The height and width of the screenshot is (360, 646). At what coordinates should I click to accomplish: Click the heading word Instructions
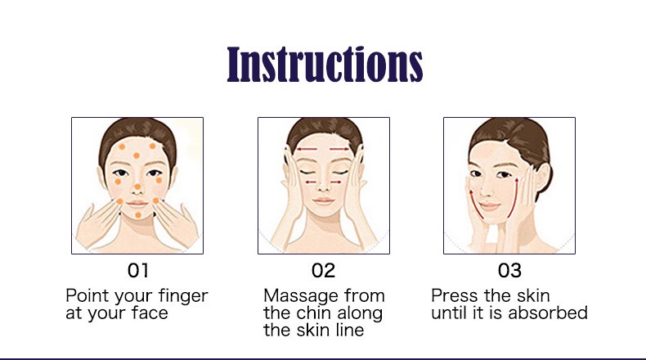click(x=325, y=64)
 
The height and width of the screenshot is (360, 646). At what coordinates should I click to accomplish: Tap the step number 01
click(x=137, y=271)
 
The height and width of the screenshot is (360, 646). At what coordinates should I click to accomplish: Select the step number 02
click(x=324, y=271)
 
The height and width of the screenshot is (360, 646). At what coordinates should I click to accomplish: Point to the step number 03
click(x=509, y=271)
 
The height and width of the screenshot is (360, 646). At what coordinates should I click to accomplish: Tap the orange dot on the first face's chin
click(x=138, y=215)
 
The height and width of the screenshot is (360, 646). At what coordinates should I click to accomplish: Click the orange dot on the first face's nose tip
click(x=137, y=187)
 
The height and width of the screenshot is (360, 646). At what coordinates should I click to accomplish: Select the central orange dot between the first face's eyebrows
click(x=137, y=155)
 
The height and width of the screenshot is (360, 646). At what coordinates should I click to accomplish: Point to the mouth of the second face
click(x=324, y=200)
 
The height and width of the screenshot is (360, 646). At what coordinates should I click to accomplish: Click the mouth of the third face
click(x=489, y=205)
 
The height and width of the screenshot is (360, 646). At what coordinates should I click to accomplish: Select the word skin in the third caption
click(x=533, y=295)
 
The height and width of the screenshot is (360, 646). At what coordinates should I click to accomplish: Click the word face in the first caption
click(x=150, y=313)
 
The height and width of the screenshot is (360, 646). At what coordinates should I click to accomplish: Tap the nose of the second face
click(x=324, y=186)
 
